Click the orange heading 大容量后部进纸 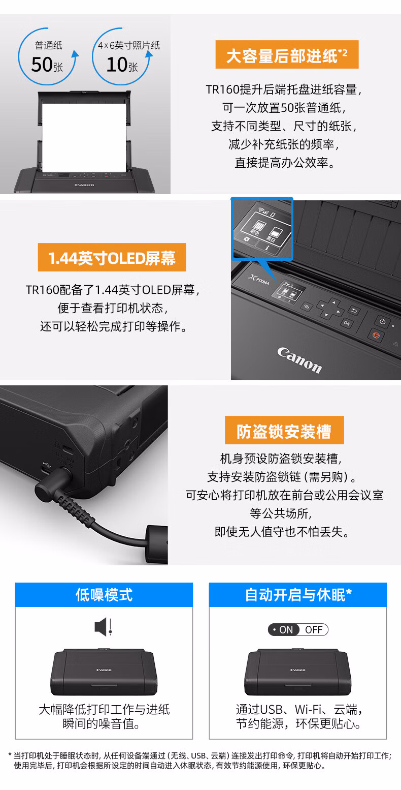pyautogui.click(x=287, y=55)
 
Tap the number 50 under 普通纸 pyautogui.click(x=42, y=65)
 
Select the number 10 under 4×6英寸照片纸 pyautogui.click(x=117, y=65)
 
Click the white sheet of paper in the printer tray pyautogui.click(x=84, y=138)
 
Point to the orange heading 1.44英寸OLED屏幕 pyautogui.click(x=112, y=257)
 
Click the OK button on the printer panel pyautogui.click(x=347, y=323)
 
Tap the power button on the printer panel pyautogui.click(x=382, y=322)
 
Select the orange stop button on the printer pyautogui.click(x=376, y=335)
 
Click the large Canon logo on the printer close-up pyautogui.click(x=299, y=360)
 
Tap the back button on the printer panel pyautogui.click(x=354, y=310)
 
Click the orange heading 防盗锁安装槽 pyautogui.click(x=284, y=430)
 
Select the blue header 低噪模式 pyautogui.click(x=104, y=595)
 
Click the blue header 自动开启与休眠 pyautogui.click(x=298, y=595)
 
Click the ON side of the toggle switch pyautogui.click(x=284, y=630)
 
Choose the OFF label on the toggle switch pyautogui.click(x=314, y=630)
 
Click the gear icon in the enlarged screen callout pyautogui.click(x=246, y=239)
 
